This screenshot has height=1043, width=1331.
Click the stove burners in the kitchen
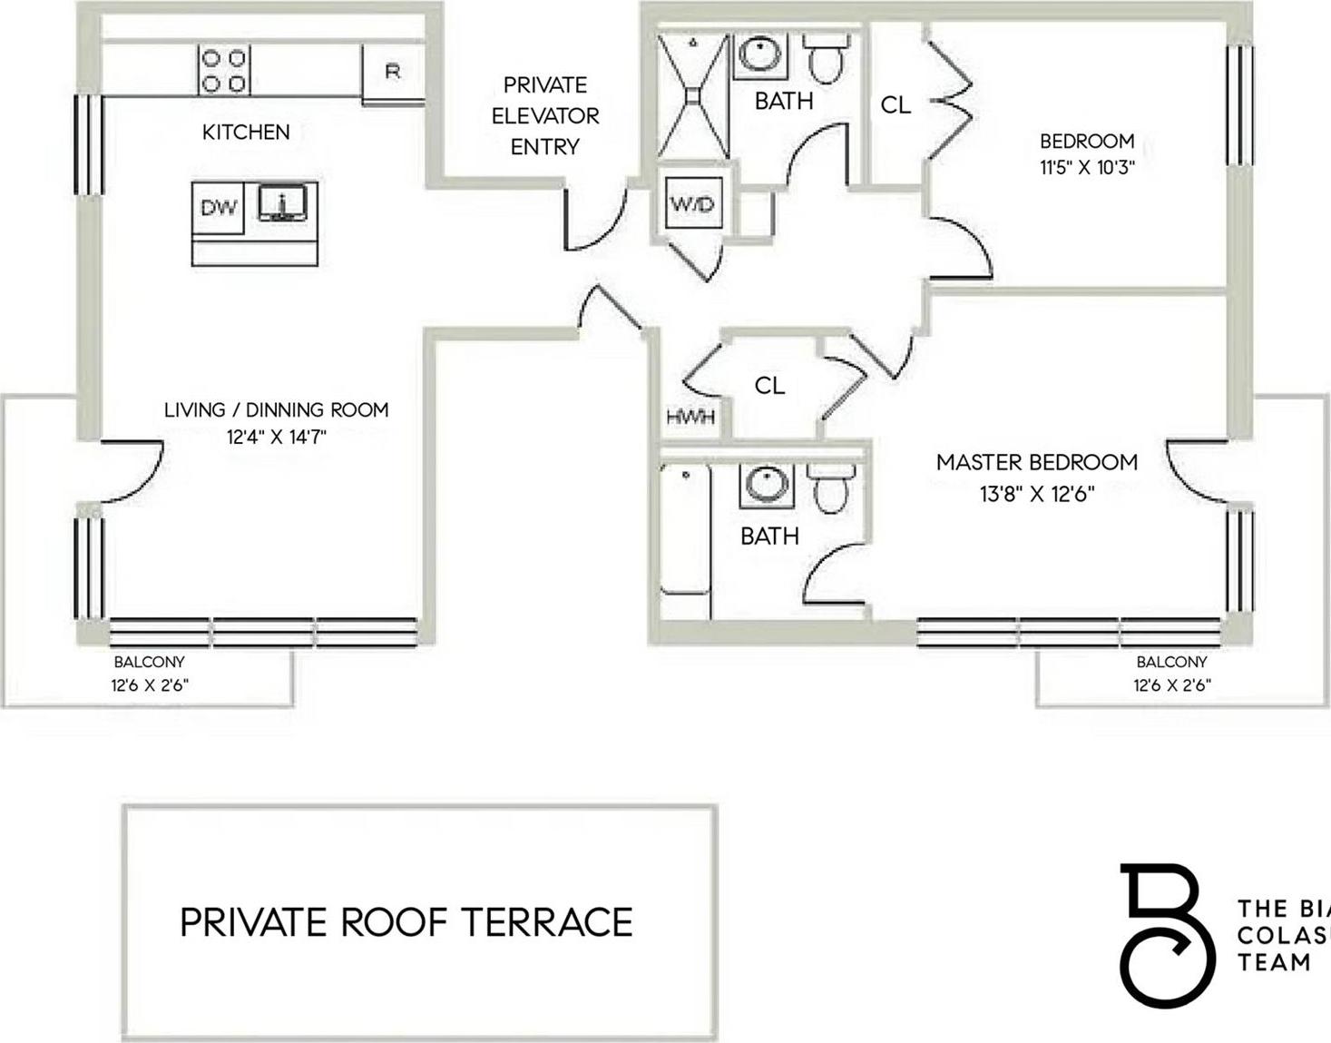224,71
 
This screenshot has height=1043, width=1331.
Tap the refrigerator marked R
393,72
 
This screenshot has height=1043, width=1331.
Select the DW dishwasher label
218,208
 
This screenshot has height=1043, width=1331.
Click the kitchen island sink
283,203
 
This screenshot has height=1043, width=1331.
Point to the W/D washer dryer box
692,203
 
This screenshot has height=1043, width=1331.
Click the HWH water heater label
690,418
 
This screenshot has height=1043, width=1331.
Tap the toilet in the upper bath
827,58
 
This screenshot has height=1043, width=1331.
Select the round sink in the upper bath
760,54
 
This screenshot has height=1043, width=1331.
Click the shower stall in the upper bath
692,95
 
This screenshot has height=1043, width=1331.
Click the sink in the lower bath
767,484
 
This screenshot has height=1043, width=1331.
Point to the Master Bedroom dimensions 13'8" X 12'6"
1037,495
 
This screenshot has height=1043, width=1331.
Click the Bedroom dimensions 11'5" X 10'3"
1087,168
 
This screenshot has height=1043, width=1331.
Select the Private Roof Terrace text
406,922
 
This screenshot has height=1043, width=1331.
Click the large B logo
1165,935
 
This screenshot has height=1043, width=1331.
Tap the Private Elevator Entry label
545,115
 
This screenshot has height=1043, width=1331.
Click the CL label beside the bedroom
895,105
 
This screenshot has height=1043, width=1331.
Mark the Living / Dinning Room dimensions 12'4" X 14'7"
276,437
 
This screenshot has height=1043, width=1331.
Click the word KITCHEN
246,133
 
